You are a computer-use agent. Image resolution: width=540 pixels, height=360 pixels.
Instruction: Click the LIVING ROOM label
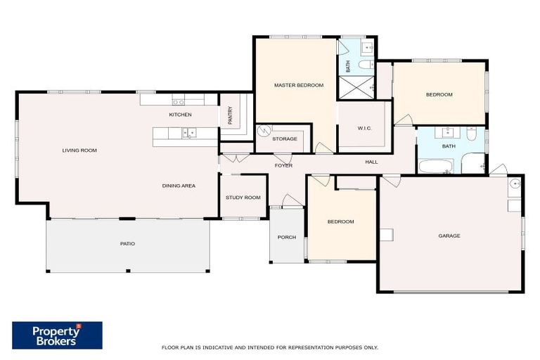[x=79, y=150]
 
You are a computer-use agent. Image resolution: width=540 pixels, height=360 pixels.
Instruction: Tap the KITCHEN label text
[x=180, y=114]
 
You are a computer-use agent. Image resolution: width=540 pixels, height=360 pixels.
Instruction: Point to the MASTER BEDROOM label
[x=298, y=85]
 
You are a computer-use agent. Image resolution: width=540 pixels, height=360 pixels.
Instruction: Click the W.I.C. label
[x=364, y=128]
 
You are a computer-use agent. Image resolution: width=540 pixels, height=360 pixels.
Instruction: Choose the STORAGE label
[x=285, y=139]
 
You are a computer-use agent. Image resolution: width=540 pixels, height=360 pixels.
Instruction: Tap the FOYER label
[x=283, y=165]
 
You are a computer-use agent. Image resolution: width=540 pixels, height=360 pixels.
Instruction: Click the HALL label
[x=371, y=162]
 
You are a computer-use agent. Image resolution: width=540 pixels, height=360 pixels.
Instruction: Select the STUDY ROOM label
[x=243, y=198]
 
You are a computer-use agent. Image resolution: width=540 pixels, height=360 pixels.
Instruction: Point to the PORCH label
[x=286, y=237]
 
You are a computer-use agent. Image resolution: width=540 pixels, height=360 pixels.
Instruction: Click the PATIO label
[x=127, y=243]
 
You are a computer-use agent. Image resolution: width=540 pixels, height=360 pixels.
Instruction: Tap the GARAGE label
[x=449, y=236]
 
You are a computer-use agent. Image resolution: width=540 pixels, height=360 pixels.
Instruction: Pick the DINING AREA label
[x=179, y=186]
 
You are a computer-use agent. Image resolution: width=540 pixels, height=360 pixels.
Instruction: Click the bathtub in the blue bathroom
[x=436, y=167]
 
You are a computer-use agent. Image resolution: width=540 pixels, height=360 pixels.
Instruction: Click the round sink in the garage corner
[x=515, y=184]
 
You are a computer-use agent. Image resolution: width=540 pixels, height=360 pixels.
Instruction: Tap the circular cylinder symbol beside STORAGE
[x=264, y=131]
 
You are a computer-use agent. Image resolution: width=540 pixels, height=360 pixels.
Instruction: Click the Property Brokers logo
[x=57, y=335]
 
